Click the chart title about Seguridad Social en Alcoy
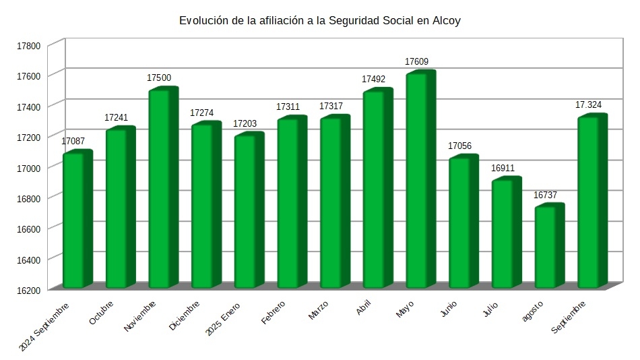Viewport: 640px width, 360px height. click(x=319, y=21)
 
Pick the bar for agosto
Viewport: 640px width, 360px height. click(x=547, y=247)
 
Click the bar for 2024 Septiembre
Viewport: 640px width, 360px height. click(x=75, y=220)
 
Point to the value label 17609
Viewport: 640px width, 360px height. click(x=417, y=62)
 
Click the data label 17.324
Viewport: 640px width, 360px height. click(x=588, y=105)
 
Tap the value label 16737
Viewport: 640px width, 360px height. click(x=546, y=195)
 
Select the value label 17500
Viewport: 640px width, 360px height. click(x=159, y=78)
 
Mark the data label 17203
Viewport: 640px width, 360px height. click(x=245, y=124)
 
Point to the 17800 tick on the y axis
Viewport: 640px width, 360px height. click(x=30, y=46)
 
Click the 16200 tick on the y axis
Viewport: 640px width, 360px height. click(x=30, y=290)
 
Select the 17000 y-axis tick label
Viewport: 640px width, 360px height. click(x=30, y=168)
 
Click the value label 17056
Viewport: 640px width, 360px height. click(x=460, y=146)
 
